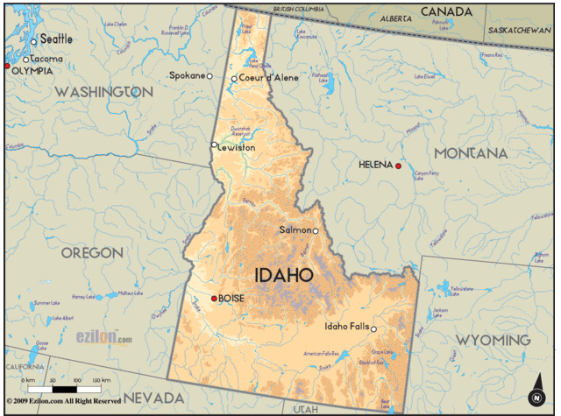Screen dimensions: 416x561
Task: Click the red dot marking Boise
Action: click(214, 299)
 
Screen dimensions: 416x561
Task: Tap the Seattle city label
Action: click(56, 39)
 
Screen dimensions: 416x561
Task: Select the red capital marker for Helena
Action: click(398, 166)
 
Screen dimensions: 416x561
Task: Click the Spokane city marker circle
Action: click(209, 76)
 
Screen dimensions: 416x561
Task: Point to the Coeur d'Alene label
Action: click(270, 78)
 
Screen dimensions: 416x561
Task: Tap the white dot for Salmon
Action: click(316, 231)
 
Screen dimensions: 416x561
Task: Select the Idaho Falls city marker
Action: click(373, 329)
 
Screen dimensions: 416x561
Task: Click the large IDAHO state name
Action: click(284, 275)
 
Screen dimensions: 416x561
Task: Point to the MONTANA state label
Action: click(471, 153)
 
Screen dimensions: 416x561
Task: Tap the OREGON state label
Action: click(92, 252)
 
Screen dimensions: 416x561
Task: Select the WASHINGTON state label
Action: click(97, 92)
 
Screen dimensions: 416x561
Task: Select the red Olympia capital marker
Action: click(7, 67)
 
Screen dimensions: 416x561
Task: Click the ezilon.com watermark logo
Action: click(103, 337)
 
